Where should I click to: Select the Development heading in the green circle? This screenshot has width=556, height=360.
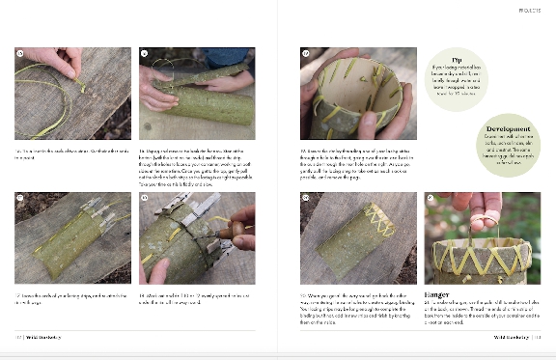pyautogui.click(x=507, y=127)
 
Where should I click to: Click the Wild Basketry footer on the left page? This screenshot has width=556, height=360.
pyautogui.click(x=44, y=338)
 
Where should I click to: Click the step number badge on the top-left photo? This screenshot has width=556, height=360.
pyautogui.click(x=20, y=53)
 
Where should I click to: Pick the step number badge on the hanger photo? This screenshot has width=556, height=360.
pyautogui.click(x=431, y=198)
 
